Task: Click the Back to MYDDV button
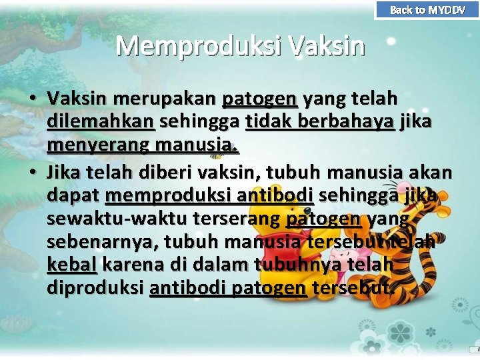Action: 427,9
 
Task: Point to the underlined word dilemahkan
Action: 101,122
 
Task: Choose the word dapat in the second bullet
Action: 73,196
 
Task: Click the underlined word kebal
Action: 72,265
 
